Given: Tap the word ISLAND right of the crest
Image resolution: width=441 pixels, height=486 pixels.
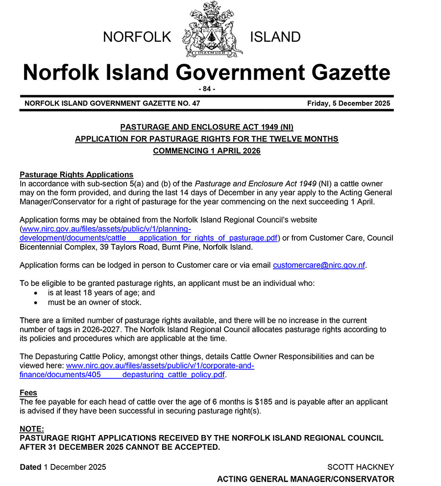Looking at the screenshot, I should pyautogui.click(x=275, y=37).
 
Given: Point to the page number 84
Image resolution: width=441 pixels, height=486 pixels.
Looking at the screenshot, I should pyautogui.click(x=206, y=89).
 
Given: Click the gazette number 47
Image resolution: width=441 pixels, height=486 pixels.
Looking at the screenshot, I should pyautogui.click(x=196, y=103).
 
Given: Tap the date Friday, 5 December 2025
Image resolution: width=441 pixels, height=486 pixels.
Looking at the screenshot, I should pyautogui.click(x=348, y=103).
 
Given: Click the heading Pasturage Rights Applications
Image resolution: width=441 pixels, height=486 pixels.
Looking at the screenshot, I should pyautogui.click(x=76, y=175).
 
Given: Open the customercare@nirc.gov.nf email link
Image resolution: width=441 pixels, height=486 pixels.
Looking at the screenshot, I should pyautogui.click(x=319, y=265).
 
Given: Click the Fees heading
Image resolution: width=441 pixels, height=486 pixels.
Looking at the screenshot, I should pyautogui.click(x=28, y=393).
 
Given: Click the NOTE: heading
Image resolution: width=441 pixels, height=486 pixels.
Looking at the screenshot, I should pyautogui.click(x=32, y=429).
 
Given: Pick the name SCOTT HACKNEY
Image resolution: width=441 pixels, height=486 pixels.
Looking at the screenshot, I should pyautogui.click(x=360, y=467).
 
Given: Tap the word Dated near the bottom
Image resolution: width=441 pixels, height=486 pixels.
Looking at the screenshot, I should pyautogui.click(x=30, y=467).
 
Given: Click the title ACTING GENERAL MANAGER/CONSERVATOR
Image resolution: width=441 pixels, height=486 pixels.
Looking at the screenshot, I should pyautogui.click(x=305, y=479).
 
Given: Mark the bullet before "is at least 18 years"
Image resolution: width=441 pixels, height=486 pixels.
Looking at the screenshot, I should pyautogui.click(x=35, y=293).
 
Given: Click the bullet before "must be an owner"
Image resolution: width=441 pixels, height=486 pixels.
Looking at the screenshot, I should pyautogui.click(x=35, y=302).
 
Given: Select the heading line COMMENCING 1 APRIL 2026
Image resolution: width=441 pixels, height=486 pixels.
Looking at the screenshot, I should pyautogui.click(x=206, y=151).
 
